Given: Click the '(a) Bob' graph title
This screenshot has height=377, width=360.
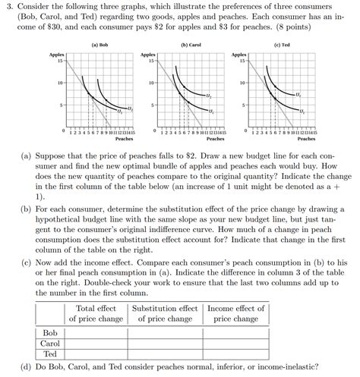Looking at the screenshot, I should pos(99,45).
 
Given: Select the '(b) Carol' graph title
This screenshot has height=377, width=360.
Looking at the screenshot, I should pos(190,45).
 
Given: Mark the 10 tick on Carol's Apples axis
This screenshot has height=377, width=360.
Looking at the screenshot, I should pos(152,82).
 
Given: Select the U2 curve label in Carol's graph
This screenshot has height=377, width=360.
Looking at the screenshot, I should pos(209,96).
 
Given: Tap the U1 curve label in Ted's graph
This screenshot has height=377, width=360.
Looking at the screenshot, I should pos(302,112).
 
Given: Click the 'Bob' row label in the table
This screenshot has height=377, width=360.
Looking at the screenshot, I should pos(50,332).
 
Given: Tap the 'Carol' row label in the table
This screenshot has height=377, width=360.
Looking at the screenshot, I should pos(50,343).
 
